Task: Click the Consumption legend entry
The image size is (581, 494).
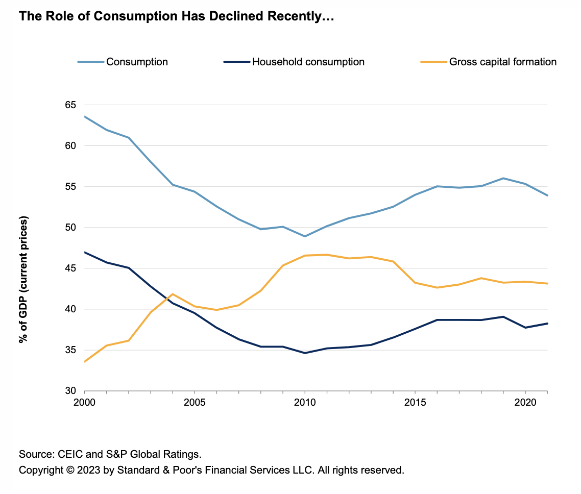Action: point(136,62)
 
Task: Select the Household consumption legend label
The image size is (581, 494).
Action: point(308,62)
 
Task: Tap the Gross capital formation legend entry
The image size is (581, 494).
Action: point(502,62)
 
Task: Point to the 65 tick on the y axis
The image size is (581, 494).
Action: point(69,105)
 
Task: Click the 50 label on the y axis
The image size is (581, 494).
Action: point(69,228)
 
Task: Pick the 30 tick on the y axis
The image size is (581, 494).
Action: point(69,391)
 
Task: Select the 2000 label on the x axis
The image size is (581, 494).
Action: point(84,402)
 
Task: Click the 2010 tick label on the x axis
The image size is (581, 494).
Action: point(304,402)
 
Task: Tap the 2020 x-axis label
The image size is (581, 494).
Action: point(525,402)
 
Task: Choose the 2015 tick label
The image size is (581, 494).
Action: point(415,402)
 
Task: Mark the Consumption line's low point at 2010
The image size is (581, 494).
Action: point(304,236)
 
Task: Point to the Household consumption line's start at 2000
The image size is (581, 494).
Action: point(85,252)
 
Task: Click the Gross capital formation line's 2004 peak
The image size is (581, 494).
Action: point(173,294)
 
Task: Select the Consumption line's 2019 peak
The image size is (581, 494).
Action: point(503,178)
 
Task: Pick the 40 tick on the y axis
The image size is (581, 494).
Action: point(69,309)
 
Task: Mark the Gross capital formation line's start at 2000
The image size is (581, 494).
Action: point(85,361)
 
